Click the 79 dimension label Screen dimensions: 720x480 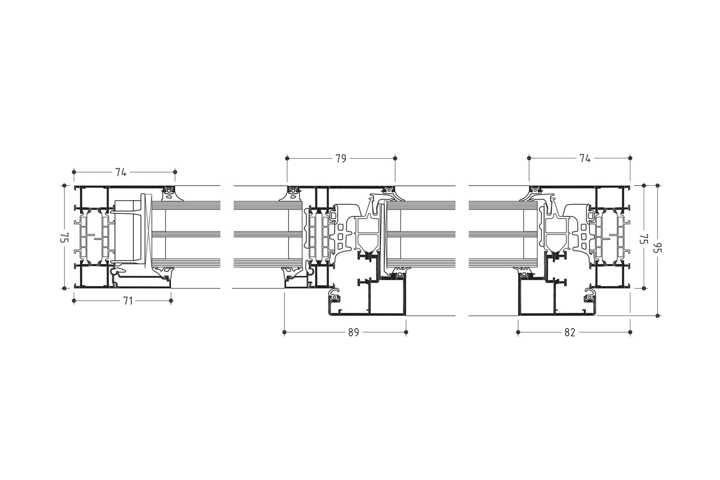point(340,159)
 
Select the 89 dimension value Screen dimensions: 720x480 point(354,332)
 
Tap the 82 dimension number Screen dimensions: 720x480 point(570,332)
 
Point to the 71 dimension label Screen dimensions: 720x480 point(128,301)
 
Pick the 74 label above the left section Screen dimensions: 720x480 point(121,172)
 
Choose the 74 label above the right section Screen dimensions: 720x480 point(585,159)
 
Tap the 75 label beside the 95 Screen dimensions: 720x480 point(644,238)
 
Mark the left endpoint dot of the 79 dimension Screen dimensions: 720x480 point(287,159)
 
